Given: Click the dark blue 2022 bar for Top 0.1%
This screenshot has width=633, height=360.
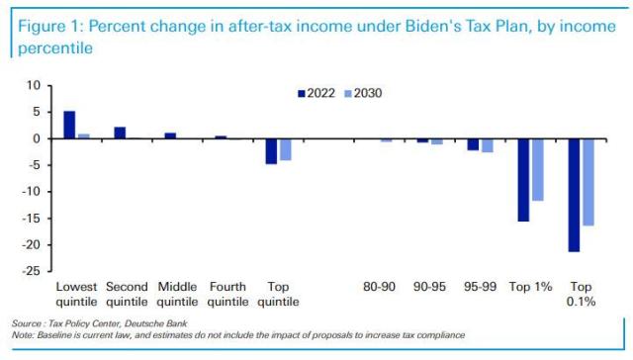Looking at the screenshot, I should click(x=574, y=195).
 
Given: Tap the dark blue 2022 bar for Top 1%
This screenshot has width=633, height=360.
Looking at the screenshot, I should click(x=523, y=179).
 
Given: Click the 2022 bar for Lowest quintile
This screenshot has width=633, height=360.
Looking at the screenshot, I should click(x=69, y=125).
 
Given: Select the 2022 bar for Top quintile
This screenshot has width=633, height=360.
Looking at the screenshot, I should click(x=271, y=150).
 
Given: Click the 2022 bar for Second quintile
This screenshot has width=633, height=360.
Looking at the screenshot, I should click(x=120, y=133).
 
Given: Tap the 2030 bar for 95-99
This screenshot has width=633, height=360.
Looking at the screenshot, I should click(x=487, y=145).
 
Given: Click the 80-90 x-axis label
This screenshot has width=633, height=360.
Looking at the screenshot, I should click(x=379, y=287).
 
